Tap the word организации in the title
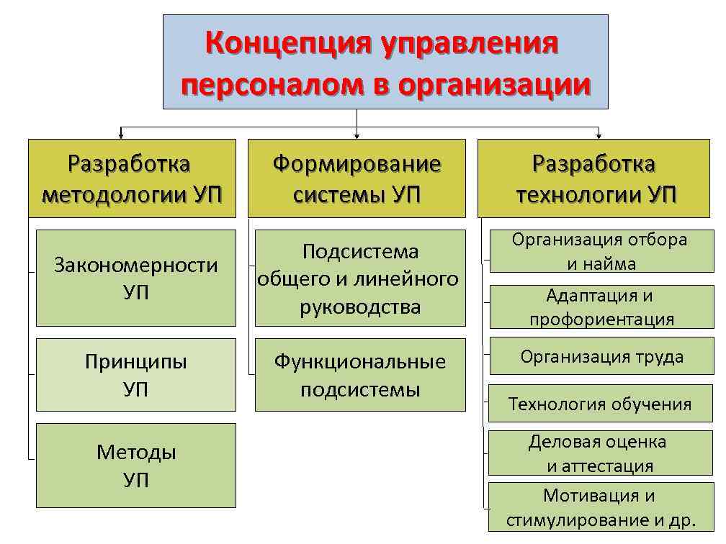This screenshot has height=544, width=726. pyautogui.click(x=493, y=86)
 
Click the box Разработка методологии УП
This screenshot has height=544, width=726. pyautogui.click(x=132, y=178)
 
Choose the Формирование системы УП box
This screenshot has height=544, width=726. pyautogui.click(x=357, y=178)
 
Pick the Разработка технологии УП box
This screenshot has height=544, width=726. pyautogui.click(x=594, y=178)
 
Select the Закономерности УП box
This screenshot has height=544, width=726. pyautogui.click(x=136, y=278)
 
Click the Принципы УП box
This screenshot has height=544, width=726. pyautogui.click(x=136, y=374)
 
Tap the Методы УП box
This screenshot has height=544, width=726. pyautogui.click(x=136, y=465)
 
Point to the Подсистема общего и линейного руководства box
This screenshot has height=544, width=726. pyautogui.click(x=360, y=278)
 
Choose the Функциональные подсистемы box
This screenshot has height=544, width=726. pyautogui.click(x=360, y=375)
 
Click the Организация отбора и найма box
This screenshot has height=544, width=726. pyautogui.click(x=601, y=251)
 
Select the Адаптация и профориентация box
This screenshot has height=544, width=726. pyautogui.click(x=601, y=307)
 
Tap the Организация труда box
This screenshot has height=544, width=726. pyautogui.click(x=601, y=356)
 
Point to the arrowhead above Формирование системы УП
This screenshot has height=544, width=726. pyautogui.click(x=357, y=135)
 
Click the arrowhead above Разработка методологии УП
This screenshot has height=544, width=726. pyautogui.click(x=121, y=135)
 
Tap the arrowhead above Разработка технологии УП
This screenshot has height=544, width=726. pyautogui.click(x=598, y=135)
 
